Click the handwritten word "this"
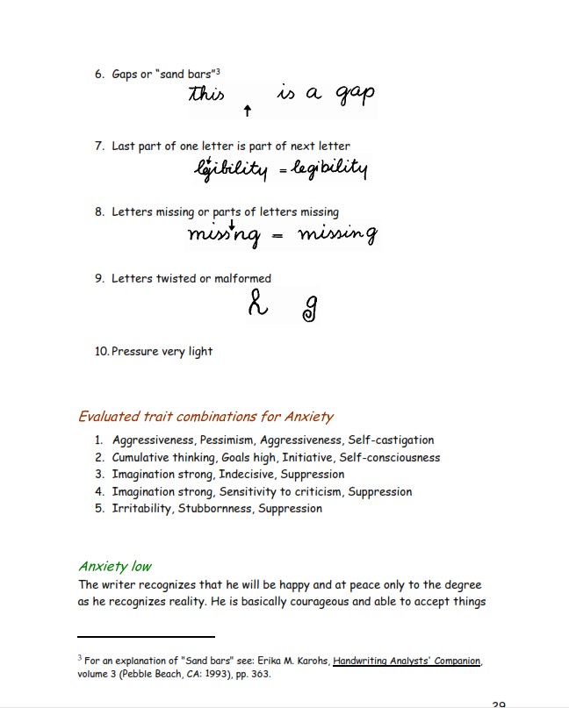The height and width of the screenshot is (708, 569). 207,93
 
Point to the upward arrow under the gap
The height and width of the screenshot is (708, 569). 248,111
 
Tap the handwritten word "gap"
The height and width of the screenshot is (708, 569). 349,97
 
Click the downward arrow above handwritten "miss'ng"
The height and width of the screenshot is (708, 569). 231,222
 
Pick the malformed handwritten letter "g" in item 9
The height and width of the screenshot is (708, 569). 310,308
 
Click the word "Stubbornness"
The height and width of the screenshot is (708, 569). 215,509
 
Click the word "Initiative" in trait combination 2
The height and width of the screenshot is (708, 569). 307,457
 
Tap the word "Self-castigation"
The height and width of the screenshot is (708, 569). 391,440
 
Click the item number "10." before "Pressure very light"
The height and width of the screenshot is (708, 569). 101,352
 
